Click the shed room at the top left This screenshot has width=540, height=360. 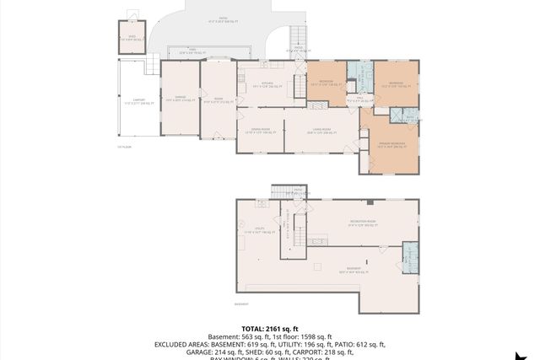(132, 38)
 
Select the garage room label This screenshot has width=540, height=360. (180, 99)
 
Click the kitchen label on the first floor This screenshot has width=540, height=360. (267, 83)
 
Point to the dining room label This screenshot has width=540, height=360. (259, 132)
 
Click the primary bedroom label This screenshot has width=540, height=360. (391, 144)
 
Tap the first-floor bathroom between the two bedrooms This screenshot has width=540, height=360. (359, 76)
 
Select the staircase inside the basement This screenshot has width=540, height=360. (298, 228)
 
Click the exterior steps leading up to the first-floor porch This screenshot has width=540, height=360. (297, 37)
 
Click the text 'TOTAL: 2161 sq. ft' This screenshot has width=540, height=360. (269, 328)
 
